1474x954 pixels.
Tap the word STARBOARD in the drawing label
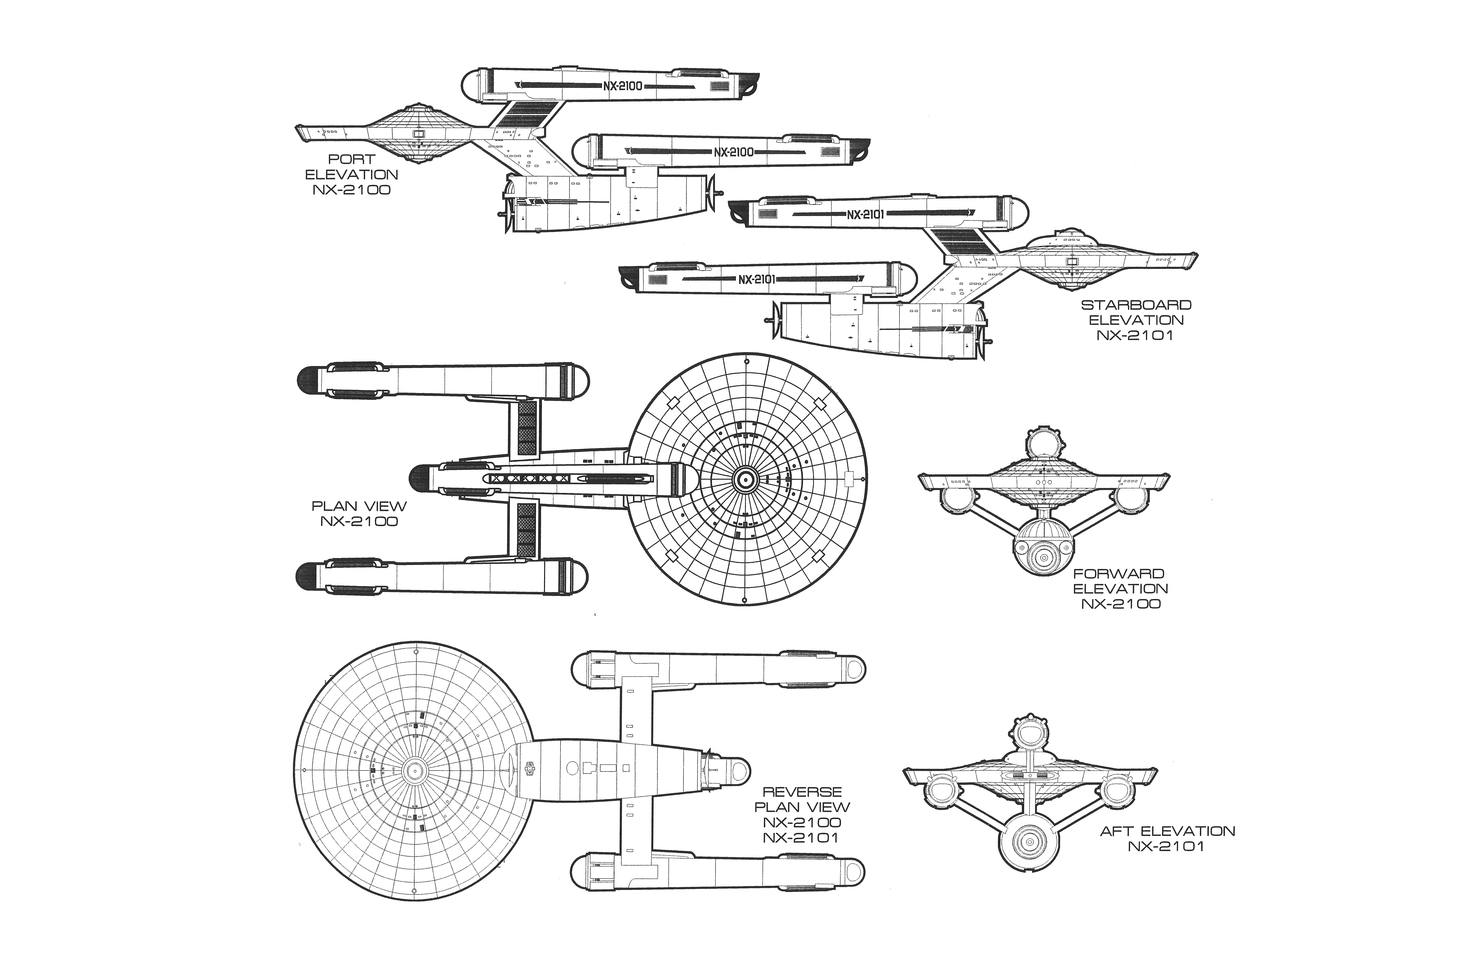1135,305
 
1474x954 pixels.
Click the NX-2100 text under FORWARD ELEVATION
1121,604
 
